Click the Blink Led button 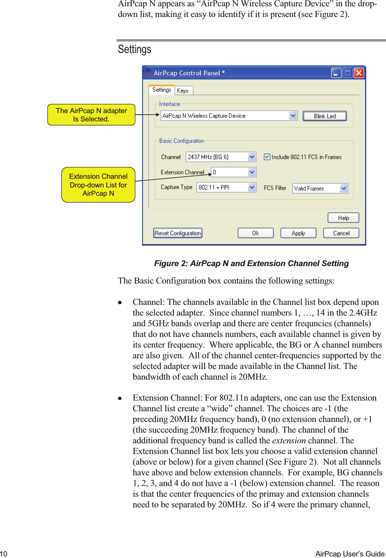[x=325, y=116]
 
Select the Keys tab [x=183, y=91]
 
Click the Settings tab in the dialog [x=162, y=90]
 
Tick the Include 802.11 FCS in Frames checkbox [x=267, y=157]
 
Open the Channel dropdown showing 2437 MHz [x=221, y=157]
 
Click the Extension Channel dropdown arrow [x=252, y=172]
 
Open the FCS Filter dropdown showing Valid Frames [x=320, y=189]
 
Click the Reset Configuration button [x=178, y=233]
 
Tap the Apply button [x=298, y=233]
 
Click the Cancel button [x=341, y=233]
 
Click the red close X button [x=359, y=73]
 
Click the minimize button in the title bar [x=336, y=73]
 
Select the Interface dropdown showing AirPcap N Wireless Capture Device [x=229, y=116]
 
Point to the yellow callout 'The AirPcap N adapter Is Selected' [x=91, y=115]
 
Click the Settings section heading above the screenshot [x=134, y=49]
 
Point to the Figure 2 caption [x=251, y=263]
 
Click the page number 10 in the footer [x=4, y=554]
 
